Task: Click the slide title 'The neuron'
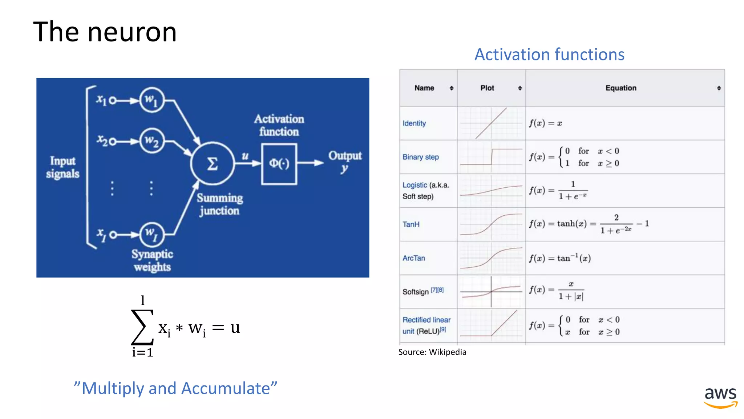click(105, 32)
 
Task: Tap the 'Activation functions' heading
click(549, 55)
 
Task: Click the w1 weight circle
click(152, 100)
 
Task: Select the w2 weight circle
click(152, 141)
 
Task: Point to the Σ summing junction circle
click(213, 163)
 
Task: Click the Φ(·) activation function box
click(279, 164)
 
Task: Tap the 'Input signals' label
click(62, 167)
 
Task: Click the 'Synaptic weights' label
click(152, 260)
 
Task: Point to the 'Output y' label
click(345, 161)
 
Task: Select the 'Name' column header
click(424, 88)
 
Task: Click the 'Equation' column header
click(620, 88)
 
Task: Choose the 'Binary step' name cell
click(421, 157)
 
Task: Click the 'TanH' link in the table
click(411, 224)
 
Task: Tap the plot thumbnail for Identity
click(491, 123)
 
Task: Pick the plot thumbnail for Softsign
click(491, 292)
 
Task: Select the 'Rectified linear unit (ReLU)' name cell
click(426, 326)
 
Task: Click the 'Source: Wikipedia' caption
click(432, 352)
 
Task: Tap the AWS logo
click(720, 398)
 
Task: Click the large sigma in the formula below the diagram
click(142, 327)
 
